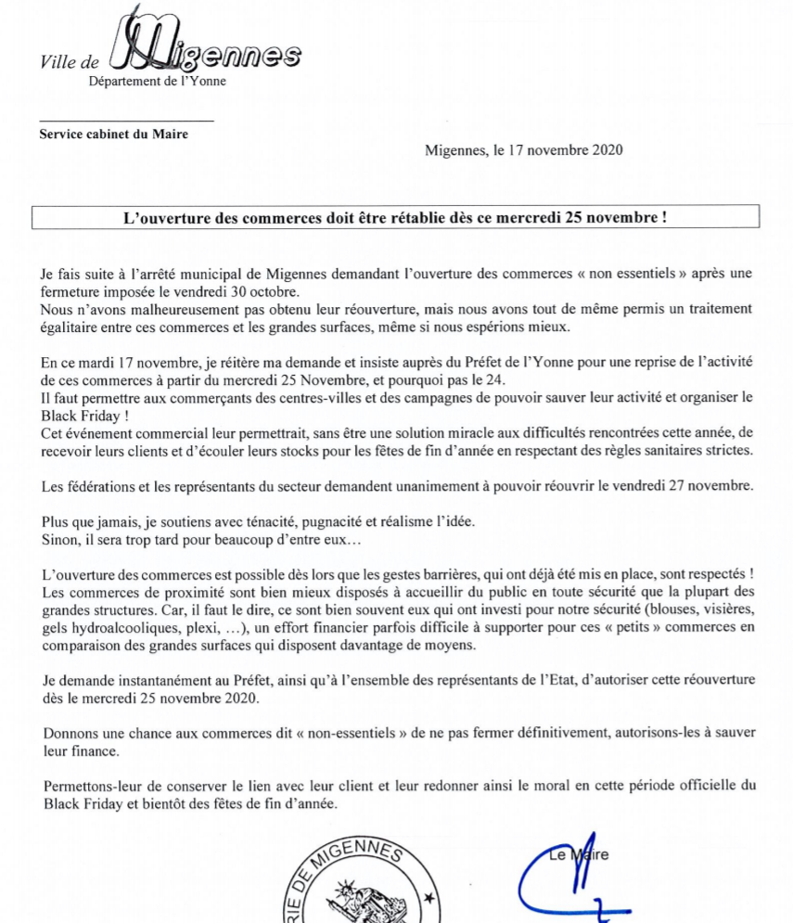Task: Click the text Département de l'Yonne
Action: (x=157, y=81)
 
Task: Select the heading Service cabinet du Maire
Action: (x=113, y=134)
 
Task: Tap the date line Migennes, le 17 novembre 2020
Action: (x=523, y=150)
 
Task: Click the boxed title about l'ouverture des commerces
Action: (x=396, y=218)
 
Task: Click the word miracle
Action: (x=390, y=433)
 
